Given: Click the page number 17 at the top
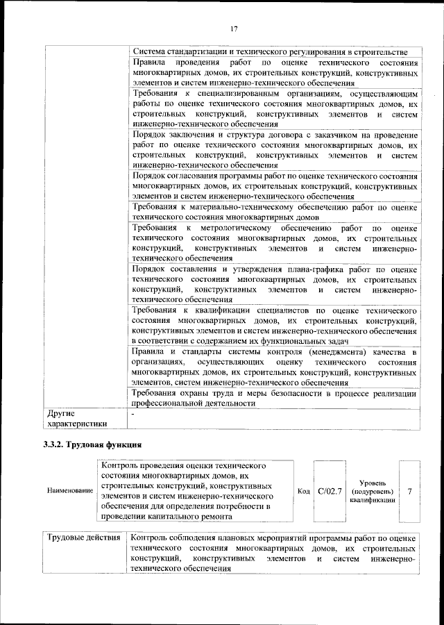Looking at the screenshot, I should [234, 28].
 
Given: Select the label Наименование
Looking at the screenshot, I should [70, 491].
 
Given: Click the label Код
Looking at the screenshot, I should [303, 491].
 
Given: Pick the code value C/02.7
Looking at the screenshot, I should [330, 491].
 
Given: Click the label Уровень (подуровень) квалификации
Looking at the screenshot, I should [373, 491].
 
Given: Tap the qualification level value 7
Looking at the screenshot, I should [409, 491].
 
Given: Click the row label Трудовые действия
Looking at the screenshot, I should [83, 539].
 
